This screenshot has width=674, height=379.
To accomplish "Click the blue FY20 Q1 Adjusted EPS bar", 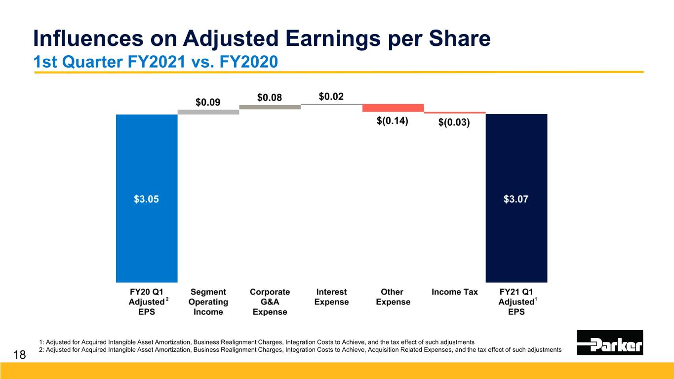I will click(x=147, y=237).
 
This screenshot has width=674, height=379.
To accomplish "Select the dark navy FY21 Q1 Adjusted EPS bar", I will click(x=516, y=237).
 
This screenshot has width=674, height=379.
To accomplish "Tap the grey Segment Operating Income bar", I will click(x=208, y=112).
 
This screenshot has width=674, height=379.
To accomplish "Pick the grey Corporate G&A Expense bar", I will click(x=270, y=107).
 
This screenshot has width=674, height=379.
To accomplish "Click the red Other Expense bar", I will click(x=393, y=108).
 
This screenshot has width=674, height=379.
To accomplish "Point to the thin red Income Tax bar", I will click(x=455, y=113).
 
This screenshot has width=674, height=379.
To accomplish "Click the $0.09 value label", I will click(x=208, y=103).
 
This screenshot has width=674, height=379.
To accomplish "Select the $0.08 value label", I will click(x=270, y=97).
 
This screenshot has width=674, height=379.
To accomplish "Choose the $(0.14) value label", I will click(x=393, y=121).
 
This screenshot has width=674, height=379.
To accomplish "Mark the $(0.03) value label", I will click(x=454, y=122).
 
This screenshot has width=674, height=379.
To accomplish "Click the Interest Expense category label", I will click(x=331, y=297).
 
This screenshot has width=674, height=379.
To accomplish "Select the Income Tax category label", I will click(x=455, y=292).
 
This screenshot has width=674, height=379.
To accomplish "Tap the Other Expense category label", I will click(x=393, y=297).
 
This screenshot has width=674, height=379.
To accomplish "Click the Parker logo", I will click(x=610, y=342).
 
